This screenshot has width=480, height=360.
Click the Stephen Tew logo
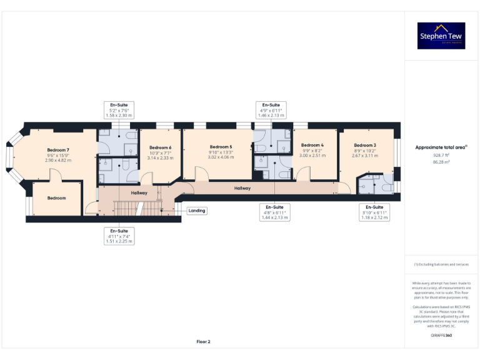pos(441,36)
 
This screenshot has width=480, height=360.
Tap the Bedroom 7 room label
pos(58,150)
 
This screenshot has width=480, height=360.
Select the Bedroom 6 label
pos(160,147)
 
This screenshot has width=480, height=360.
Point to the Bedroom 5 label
pos(221,146)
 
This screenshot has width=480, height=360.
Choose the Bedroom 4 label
pos(312,145)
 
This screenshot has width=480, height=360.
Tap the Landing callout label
pos(197,211)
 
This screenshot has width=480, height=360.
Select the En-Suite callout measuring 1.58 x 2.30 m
pos(119,110)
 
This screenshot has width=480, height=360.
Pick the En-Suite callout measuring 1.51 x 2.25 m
pos(119,236)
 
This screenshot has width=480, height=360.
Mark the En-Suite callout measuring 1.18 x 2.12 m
pos(374,212)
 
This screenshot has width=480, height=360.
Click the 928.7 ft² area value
pos(441,156)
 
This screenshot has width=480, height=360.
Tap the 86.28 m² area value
pos(441,162)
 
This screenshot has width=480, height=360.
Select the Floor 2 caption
pos(204,342)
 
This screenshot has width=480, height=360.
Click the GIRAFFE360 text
pos(441,336)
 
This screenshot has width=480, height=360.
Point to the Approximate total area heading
pos(441,147)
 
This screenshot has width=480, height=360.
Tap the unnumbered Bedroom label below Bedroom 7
pos(57,198)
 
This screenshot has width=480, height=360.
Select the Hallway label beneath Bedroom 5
pos(242,187)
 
